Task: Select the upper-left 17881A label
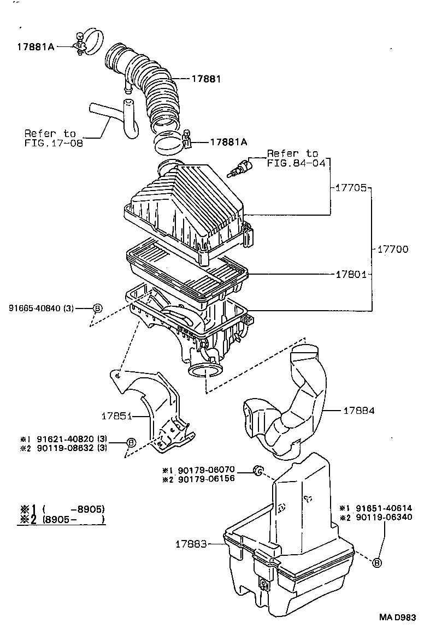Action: (35, 47)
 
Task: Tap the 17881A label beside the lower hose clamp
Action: (228, 142)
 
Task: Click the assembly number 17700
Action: (392, 249)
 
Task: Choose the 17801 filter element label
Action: (350, 273)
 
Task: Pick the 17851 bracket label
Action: (116, 416)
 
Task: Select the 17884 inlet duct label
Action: (359, 410)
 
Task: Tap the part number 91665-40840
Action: (34, 308)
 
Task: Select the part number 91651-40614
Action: (382, 507)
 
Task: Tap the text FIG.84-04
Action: (292, 163)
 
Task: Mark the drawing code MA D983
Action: (398, 617)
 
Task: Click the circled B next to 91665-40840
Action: (97, 308)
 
